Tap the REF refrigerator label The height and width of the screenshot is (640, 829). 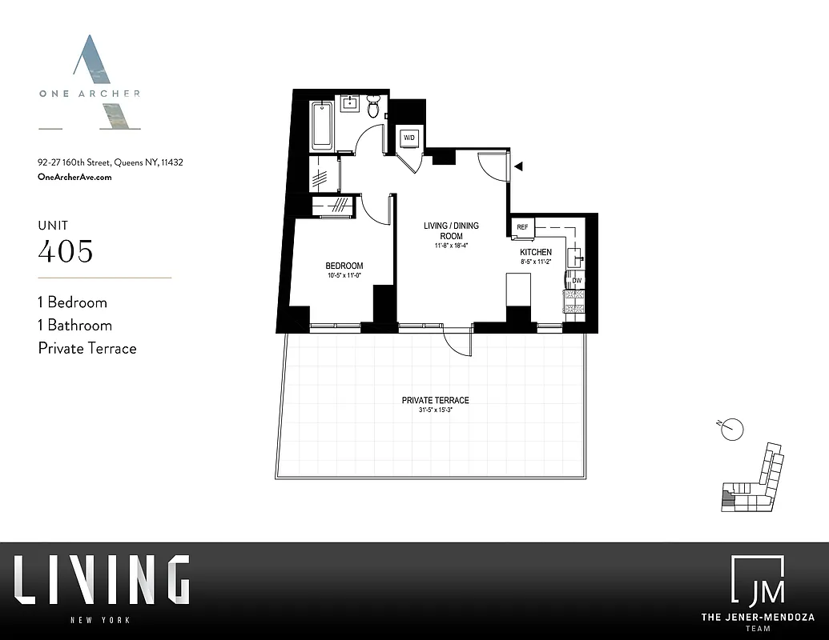522,227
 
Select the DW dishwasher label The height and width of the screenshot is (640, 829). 576,280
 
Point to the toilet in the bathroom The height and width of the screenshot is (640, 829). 373,107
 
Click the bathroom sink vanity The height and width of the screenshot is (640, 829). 351,103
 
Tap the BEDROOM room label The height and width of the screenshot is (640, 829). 344,266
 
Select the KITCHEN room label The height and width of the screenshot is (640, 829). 536,252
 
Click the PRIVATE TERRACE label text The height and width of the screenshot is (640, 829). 435,400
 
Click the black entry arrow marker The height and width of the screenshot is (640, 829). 519,166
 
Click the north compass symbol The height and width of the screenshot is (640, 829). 732,430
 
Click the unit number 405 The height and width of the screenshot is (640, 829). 66,252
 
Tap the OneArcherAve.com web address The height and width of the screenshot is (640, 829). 74,177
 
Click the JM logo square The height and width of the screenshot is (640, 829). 757,582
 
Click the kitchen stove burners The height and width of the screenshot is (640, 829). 575,301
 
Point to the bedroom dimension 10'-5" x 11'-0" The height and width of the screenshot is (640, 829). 344,276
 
